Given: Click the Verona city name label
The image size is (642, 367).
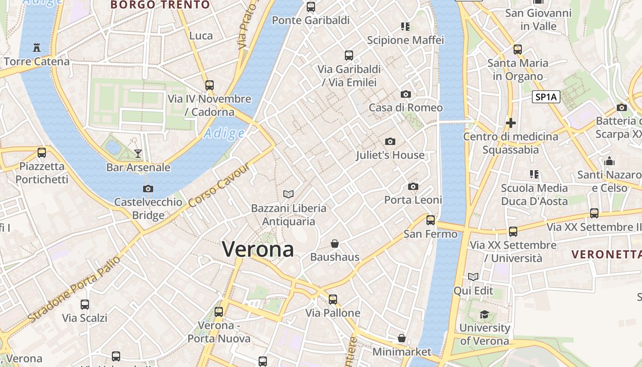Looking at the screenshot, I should coord(258,249).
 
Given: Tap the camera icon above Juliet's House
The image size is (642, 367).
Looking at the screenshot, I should coord(390,141).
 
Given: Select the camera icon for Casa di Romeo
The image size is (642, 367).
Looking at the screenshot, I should coord(406,94).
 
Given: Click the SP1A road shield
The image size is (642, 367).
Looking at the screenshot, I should coord(546,97).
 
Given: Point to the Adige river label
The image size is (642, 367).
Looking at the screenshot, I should coord(224,133).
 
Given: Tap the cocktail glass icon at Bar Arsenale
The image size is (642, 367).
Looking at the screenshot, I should coord(138,153).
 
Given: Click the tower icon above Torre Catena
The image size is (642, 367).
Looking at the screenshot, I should coord(37,47).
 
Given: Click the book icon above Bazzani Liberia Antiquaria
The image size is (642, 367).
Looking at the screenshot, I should coord(288,195).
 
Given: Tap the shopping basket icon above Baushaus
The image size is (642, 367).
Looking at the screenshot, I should coord(335,243).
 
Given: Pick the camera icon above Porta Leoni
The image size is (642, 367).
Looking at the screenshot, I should coord(413,186).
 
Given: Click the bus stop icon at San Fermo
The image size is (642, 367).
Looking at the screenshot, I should coord(431,220).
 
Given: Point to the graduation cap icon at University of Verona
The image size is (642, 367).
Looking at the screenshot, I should coord(484,314).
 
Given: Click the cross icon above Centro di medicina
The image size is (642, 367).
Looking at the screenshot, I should coord(511,123).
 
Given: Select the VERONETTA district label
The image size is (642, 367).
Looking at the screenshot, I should coord(606,254).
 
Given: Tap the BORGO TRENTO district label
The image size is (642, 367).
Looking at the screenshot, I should coord(160,5).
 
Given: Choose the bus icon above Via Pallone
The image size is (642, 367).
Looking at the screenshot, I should coord(333,300).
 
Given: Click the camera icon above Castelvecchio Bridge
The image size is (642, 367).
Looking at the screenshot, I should coord(148,189).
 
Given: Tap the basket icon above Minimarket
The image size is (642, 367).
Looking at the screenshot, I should coord(402,338).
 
